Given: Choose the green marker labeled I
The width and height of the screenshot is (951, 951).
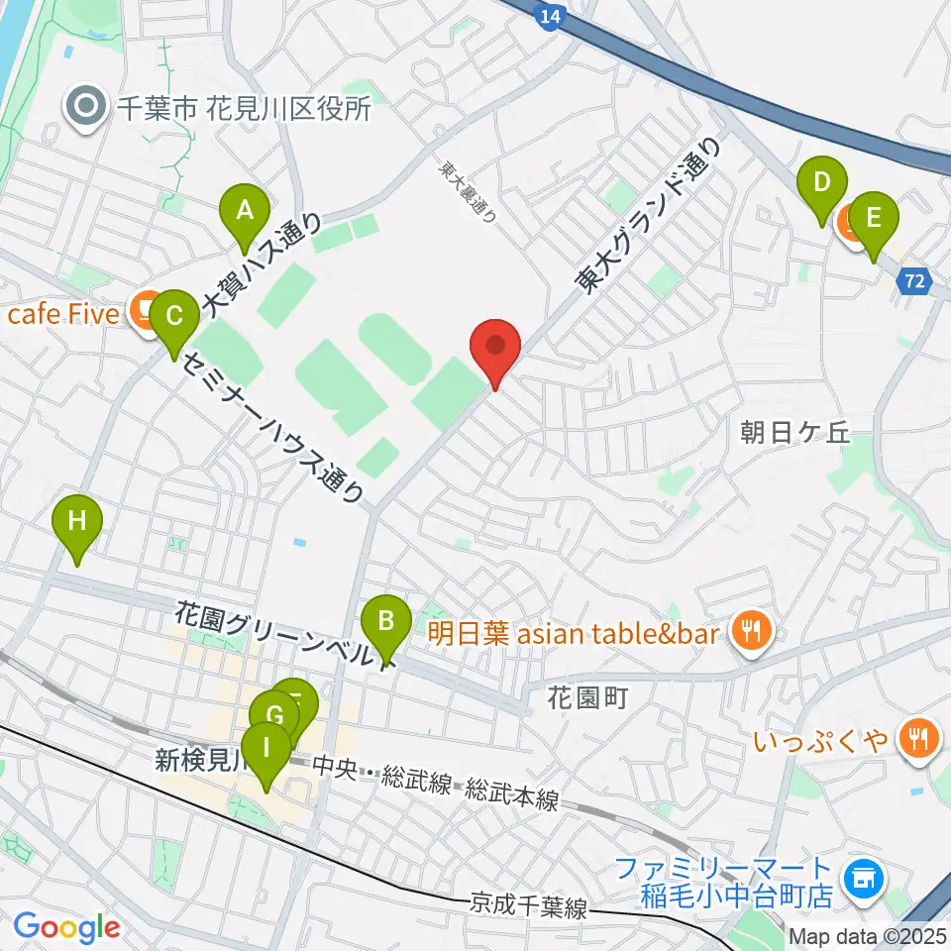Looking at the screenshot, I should [x=264, y=751].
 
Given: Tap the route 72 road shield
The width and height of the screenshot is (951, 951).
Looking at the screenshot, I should [x=916, y=282].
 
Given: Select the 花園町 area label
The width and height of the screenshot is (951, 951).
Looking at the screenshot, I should [x=587, y=697].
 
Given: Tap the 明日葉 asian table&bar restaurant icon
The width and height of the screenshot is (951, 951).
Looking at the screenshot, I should [x=751, y=631].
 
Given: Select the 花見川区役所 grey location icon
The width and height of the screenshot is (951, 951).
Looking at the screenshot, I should [x=88, y=108].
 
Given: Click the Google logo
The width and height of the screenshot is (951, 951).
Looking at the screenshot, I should [x=66, y=927].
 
